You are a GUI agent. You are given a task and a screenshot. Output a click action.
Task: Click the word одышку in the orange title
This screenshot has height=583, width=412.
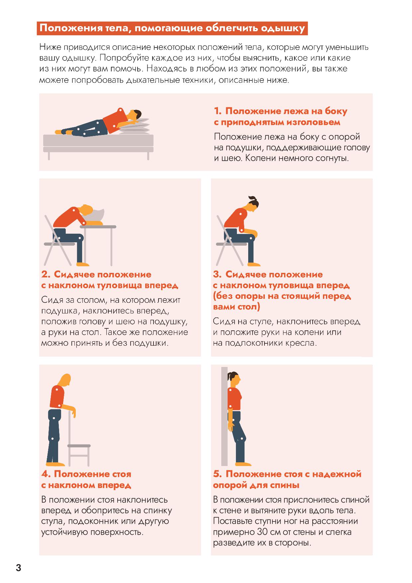283,29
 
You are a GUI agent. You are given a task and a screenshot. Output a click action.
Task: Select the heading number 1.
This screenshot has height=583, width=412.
217,111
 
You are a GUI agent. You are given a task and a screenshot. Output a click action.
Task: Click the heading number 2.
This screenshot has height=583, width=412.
46,275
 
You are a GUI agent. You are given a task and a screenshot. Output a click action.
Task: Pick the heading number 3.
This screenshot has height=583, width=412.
217,275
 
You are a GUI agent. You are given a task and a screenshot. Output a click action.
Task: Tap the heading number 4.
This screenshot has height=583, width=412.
46,474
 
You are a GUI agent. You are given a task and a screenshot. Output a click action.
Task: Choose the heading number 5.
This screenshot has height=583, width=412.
217,474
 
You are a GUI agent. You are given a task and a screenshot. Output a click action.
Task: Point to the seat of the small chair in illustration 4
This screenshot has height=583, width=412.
79,446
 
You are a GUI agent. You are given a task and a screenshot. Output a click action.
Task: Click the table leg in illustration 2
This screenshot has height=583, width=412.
111,247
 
